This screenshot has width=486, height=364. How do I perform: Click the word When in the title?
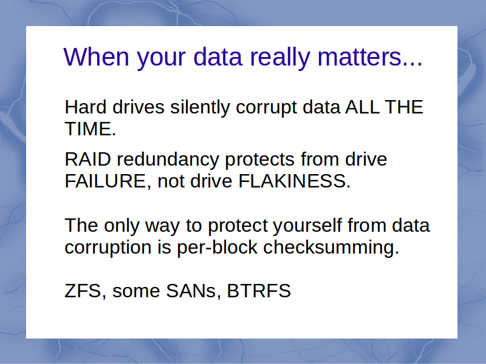(96, 57)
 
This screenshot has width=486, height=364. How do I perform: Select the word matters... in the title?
(370, 58)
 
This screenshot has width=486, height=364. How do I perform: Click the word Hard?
(86, 107)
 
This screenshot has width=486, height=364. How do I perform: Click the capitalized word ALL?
(362, 107)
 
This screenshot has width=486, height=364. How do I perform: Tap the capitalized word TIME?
(90, 129)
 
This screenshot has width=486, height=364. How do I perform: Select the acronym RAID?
(88, 160)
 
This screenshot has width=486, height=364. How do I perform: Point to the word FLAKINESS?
(294, 181)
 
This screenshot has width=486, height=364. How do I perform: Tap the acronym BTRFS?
(259, 291)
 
